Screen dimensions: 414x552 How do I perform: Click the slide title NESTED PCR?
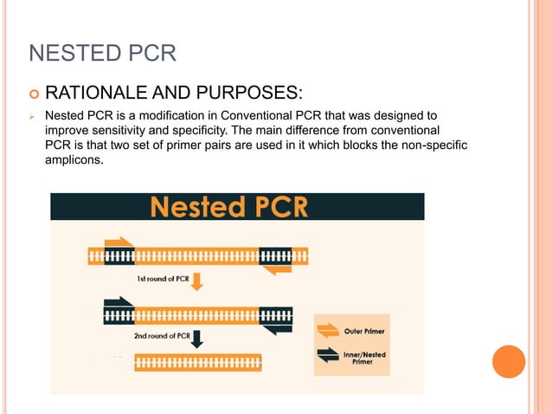coord(103,55)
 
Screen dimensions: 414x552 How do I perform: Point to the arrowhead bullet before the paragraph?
coord(31,115)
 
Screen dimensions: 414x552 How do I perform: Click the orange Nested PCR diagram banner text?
coord(237,207)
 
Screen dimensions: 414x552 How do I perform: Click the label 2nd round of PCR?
coord(162,335)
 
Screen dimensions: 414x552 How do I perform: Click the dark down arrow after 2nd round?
coord(197,337)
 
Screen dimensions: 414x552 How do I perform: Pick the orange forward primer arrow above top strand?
coord(119,243)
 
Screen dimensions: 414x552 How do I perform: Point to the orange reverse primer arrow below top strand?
coord(277,270)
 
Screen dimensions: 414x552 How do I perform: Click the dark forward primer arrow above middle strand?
coord(119,303)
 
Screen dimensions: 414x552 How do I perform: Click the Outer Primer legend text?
coord(364,331)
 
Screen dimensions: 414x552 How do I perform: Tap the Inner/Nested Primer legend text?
coord(363,358)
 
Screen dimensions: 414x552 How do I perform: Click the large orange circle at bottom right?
coord(509,361)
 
